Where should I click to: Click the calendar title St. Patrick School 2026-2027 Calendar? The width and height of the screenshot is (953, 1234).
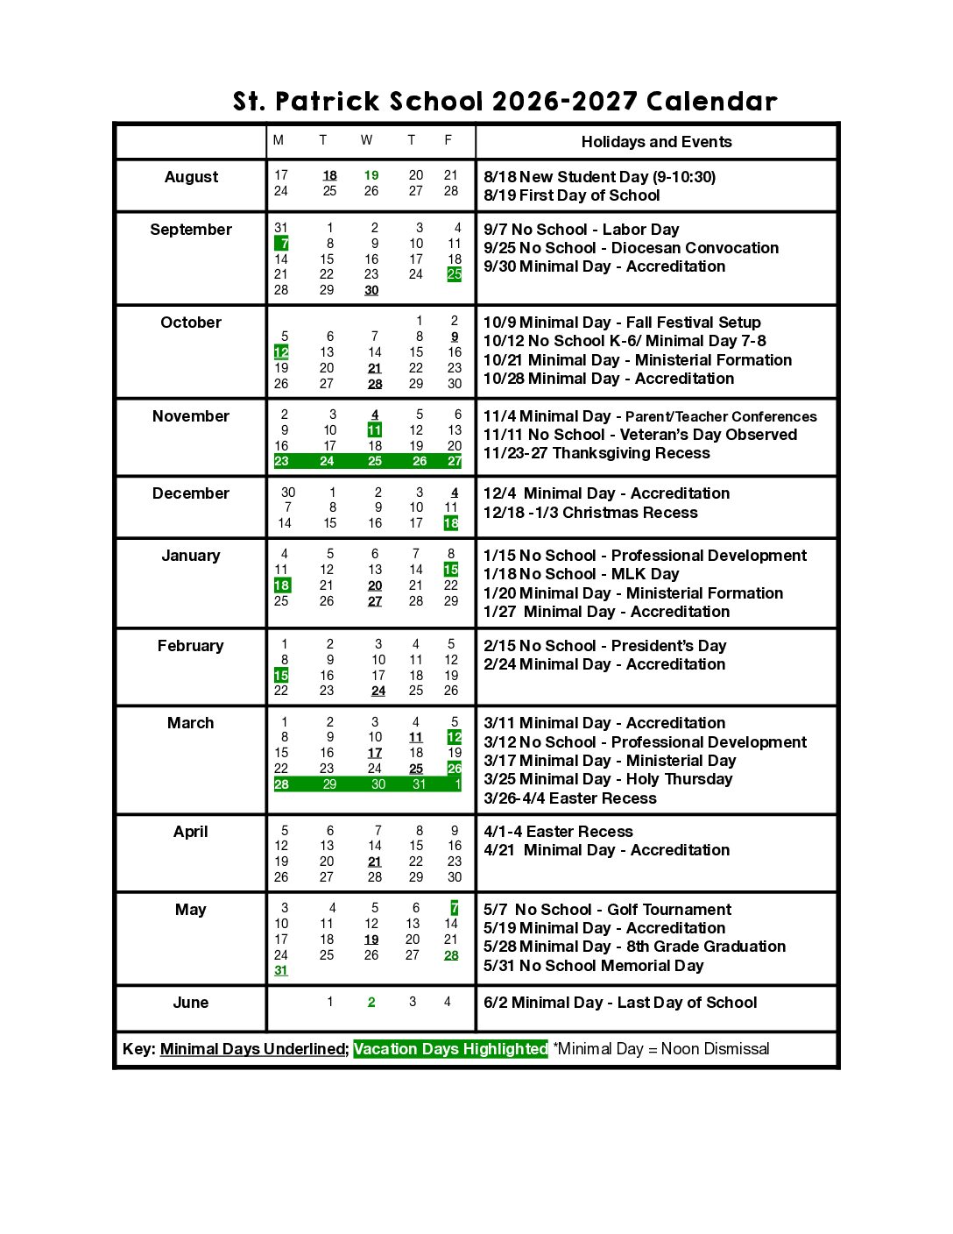(505, 102)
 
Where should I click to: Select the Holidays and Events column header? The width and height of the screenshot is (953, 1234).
(656, 142)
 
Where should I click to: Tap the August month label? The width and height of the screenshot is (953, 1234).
(191, 177)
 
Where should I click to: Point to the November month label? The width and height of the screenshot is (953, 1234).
(191, 416)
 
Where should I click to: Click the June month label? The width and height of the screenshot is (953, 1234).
(191, 1003)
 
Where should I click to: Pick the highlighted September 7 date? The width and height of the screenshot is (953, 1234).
(282, 244)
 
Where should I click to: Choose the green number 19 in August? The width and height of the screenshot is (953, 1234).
(371, 175)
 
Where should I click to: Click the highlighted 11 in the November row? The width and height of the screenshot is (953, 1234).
(375, 430)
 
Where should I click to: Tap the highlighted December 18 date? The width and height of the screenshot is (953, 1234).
(451, 523)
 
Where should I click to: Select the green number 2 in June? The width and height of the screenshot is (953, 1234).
(371, 1003)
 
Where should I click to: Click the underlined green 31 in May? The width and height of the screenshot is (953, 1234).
(281, 970)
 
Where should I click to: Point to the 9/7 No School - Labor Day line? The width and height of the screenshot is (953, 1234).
(581, 230)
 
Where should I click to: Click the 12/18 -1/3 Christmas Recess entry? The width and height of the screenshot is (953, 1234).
(590, 513)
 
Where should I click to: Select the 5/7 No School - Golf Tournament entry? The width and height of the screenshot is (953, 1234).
(607, 910)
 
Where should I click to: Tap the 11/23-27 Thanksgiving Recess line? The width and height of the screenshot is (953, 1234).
(597, 453)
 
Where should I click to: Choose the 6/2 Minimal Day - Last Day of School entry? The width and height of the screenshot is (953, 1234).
(620, 1003)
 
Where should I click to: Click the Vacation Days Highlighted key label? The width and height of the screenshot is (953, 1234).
(450, 1049)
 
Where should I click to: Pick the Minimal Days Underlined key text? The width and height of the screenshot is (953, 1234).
(253, 1049)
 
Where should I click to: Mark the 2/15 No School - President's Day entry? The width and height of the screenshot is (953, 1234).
(604, 646)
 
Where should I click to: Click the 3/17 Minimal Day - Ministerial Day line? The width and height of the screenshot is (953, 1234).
(610, 761)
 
